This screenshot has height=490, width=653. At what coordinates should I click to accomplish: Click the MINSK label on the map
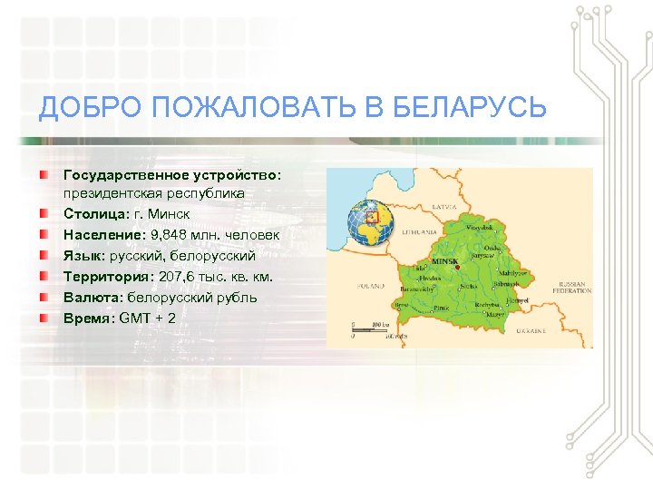(444, 261)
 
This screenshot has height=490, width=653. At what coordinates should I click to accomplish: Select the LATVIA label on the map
(445, 207)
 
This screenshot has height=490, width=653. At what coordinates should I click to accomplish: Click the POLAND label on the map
(371, 286)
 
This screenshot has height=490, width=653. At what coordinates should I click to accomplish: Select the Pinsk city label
(443, 309)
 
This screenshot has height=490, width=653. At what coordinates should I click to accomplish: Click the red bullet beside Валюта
(44, 297)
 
